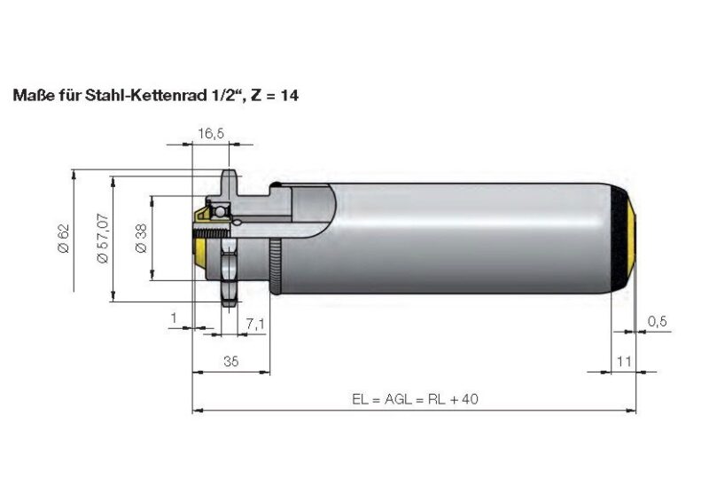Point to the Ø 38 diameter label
pos(141,238)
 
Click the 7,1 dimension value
pos(256,325)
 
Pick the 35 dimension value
pos(230,362)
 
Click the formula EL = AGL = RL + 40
pos(414,400)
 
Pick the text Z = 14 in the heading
pos(271,93)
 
